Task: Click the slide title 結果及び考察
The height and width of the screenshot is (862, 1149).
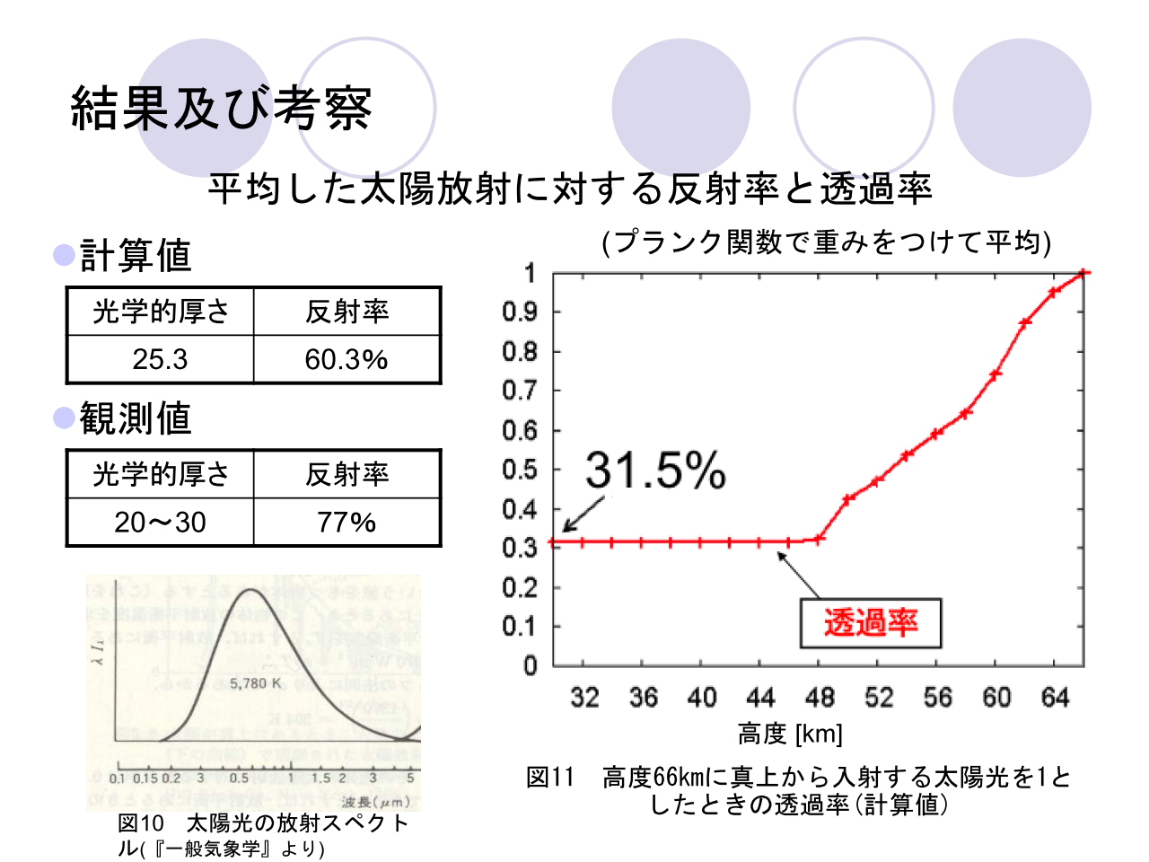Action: pyautogui.click(x=221, y=109)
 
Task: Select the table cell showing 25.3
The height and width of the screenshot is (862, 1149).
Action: pyautogui.click(x=160, y=359)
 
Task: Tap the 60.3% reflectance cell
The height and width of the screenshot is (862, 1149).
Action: pyautogui.click(x=346, y=359)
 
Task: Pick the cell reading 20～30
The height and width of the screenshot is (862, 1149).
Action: pyautogui.click(x=160, y=522)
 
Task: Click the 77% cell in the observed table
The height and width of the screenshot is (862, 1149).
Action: pyautogui.click(x=346, y=522)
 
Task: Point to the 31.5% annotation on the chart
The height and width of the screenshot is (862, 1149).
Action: pyautogui.click(x=655, y=470)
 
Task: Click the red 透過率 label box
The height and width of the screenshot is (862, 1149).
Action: pyautogui.click(x=870, y=622)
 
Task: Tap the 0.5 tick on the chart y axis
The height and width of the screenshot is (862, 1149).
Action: pyautogui.click(x=519, y=470)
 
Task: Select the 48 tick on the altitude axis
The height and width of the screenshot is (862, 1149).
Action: pyautogui.click(x=820, y=698)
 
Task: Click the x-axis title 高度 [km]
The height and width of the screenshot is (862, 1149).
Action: pyautogui.click(x=790, y=734)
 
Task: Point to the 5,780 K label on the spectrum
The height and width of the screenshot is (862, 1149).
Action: pyautogui.click(x=256, y=683)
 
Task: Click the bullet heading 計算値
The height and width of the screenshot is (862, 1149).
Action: pyautogui.click(x=136, y=255)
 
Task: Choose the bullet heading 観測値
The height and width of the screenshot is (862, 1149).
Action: pyautogui.click(x=136, y=418)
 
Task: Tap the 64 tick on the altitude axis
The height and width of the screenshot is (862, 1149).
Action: pyautogui.click(x=1055, y=698)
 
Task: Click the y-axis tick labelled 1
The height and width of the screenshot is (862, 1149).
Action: pyautogui.click(x=530, y=273)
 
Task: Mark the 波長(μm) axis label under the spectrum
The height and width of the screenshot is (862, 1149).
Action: pyautogui.click(x=376, y=802)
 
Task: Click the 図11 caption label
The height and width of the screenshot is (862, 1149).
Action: pyautogui.click(x=549, y=778)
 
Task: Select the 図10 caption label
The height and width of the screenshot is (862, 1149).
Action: pyautogui.click(x=141, y=823)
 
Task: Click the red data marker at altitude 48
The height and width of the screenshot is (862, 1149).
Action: pyautogui.click(x=819, y=539)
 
